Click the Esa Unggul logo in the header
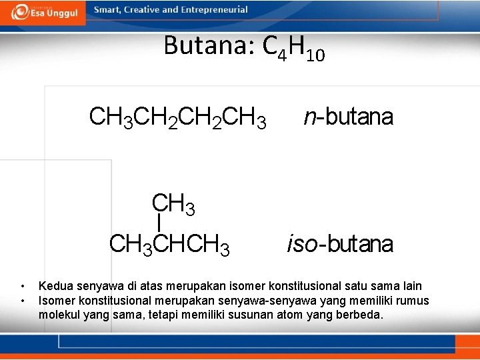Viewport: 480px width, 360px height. pos(45,12)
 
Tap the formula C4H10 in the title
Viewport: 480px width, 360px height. pos(294,48)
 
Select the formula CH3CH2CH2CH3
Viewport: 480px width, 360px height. pos(177,117)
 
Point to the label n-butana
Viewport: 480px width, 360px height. pos(348,117)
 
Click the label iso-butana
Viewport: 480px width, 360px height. pos(340,244)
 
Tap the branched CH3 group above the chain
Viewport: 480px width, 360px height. pos(173,203)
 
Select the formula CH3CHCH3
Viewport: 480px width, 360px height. pos(169,245)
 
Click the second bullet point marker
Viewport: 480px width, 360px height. pos(22,301)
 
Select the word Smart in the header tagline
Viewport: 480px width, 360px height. pos(107,10)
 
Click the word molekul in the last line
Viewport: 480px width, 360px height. pos(59,315)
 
